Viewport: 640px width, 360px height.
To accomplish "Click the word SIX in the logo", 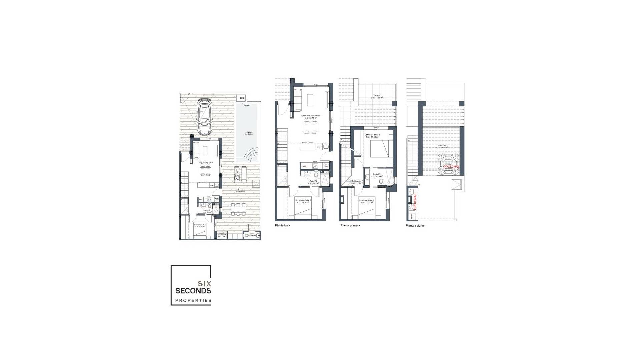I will [x=204, y=284].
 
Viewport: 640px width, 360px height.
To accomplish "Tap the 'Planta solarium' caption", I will [x=416, y=226].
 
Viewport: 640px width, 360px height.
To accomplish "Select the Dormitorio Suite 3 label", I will [x=372, y=136].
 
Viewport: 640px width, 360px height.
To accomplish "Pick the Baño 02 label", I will [x=377, y=175].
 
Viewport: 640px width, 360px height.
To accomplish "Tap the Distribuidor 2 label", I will [x=357, y=182].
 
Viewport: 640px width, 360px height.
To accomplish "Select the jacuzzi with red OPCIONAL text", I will [x=448, y=164].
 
